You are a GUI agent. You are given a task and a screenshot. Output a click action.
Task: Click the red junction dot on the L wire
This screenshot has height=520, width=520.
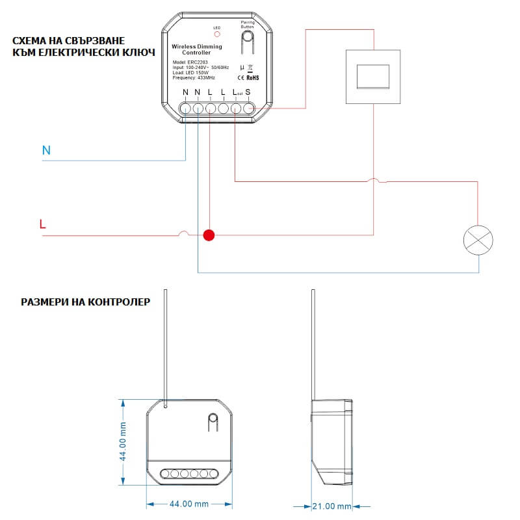click(x=209, y=235)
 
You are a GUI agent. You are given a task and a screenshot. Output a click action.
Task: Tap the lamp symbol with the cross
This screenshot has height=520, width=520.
click(x=478, y=239)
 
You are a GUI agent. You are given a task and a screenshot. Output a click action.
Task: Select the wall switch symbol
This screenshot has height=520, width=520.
click(x=374, y=76)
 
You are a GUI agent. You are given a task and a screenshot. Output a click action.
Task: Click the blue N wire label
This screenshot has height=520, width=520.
click(x=46, y=151)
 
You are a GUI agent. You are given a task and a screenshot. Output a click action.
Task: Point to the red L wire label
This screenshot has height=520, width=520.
click(x=42, y=225)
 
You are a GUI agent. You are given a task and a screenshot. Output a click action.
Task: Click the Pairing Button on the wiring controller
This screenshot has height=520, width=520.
click(x=247, y=45)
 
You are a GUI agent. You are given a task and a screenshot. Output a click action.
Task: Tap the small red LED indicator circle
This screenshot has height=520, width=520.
click(x=217, y=34)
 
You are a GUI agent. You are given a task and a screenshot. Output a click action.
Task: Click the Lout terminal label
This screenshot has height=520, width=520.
click(x=236, y=93)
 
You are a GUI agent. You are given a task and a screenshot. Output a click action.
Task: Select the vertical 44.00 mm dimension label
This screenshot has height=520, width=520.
click(x=123, y=441)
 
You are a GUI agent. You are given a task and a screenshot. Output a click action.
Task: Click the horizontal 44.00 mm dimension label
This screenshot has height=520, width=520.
click(x=188, y=504)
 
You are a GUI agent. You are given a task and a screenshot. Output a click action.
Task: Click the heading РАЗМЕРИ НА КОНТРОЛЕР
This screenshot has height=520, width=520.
click(x=85, y=302)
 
